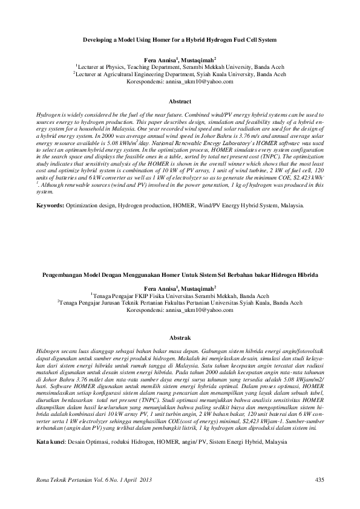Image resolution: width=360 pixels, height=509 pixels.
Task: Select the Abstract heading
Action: [180, 101]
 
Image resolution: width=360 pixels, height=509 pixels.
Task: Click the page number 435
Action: [320, 479]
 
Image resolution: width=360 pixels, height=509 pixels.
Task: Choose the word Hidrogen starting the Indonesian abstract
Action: [49, 351]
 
